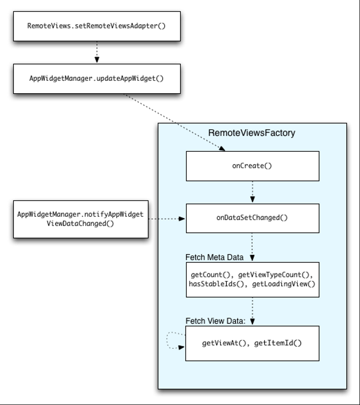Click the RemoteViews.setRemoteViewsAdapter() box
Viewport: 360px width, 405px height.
click(x=97, y=26)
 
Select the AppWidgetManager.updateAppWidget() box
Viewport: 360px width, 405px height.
click(x=97, y=78)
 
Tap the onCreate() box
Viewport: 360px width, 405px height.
click(x=252, y=166)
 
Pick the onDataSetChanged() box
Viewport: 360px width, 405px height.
click(x=252, y=218)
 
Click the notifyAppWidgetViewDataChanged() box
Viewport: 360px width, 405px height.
click(x=81, y=219)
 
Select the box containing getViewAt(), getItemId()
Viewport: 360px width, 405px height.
click(x=252, y=343)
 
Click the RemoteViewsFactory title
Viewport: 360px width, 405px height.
click(x=252, y=133)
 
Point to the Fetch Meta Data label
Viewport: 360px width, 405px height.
click(x=215, y=257)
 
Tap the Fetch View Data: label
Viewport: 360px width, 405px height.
click(x=216, y=321)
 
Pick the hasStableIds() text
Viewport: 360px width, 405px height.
click(x=216, y=284)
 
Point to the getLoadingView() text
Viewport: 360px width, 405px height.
click(x=284, y=284)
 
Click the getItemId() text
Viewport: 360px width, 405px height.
click(x=278, y=343)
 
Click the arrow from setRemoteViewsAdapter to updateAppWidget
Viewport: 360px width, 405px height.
click(x=97, y=52)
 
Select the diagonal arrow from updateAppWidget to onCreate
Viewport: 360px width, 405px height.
click(x=174, y=122)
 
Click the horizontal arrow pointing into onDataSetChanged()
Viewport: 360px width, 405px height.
click(x=167, y=219)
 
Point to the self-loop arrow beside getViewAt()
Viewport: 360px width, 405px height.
click(x=167, y=340)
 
